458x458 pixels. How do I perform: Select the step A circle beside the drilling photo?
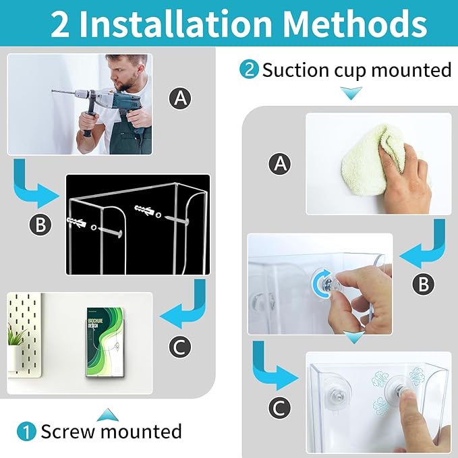click(x=180, y=99)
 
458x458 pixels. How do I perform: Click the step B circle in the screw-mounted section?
click(x=41, y=225)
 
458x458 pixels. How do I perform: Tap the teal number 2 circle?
click(x=249, y=69)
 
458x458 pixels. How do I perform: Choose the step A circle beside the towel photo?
click(x=279, y=163)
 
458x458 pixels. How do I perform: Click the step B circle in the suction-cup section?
click(x=423, y=285)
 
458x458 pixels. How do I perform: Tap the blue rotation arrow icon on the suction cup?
click(x=322, y=281)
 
